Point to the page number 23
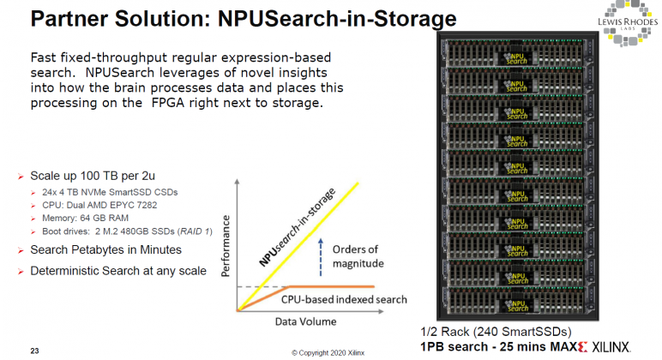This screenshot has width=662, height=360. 34,350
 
